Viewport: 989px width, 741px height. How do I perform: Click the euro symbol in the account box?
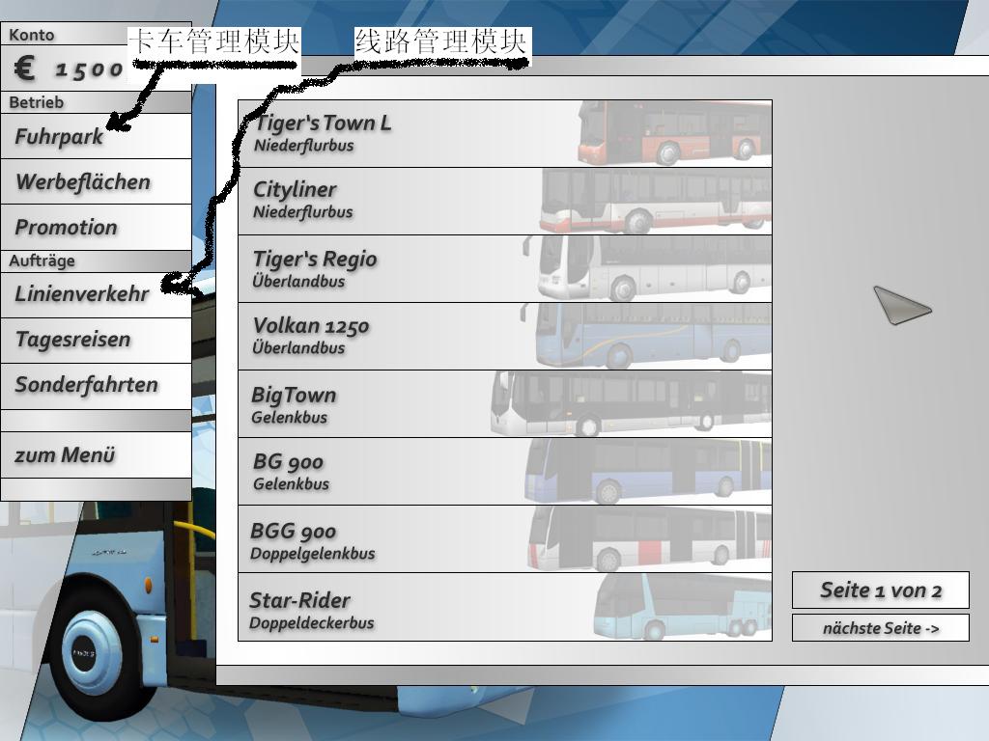point(26,69)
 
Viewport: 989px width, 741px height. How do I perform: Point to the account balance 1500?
point(89,69)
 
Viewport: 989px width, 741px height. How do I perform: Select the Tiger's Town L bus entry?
point(323,123)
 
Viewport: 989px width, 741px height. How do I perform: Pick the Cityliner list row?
point(504,201)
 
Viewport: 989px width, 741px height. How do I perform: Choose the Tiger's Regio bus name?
point(315,259)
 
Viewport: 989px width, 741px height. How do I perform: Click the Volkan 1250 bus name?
point(311,326)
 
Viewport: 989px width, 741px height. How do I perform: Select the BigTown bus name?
point(294,395)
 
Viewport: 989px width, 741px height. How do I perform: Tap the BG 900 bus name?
point(288,462)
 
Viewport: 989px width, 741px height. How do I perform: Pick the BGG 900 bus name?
point(294,532)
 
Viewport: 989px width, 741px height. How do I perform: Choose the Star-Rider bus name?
point(299,600)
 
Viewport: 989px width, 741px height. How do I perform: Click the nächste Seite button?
point(880,628)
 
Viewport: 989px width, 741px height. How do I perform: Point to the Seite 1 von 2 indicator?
point(880,590)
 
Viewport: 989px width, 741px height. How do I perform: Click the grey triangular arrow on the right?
point(901,307)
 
